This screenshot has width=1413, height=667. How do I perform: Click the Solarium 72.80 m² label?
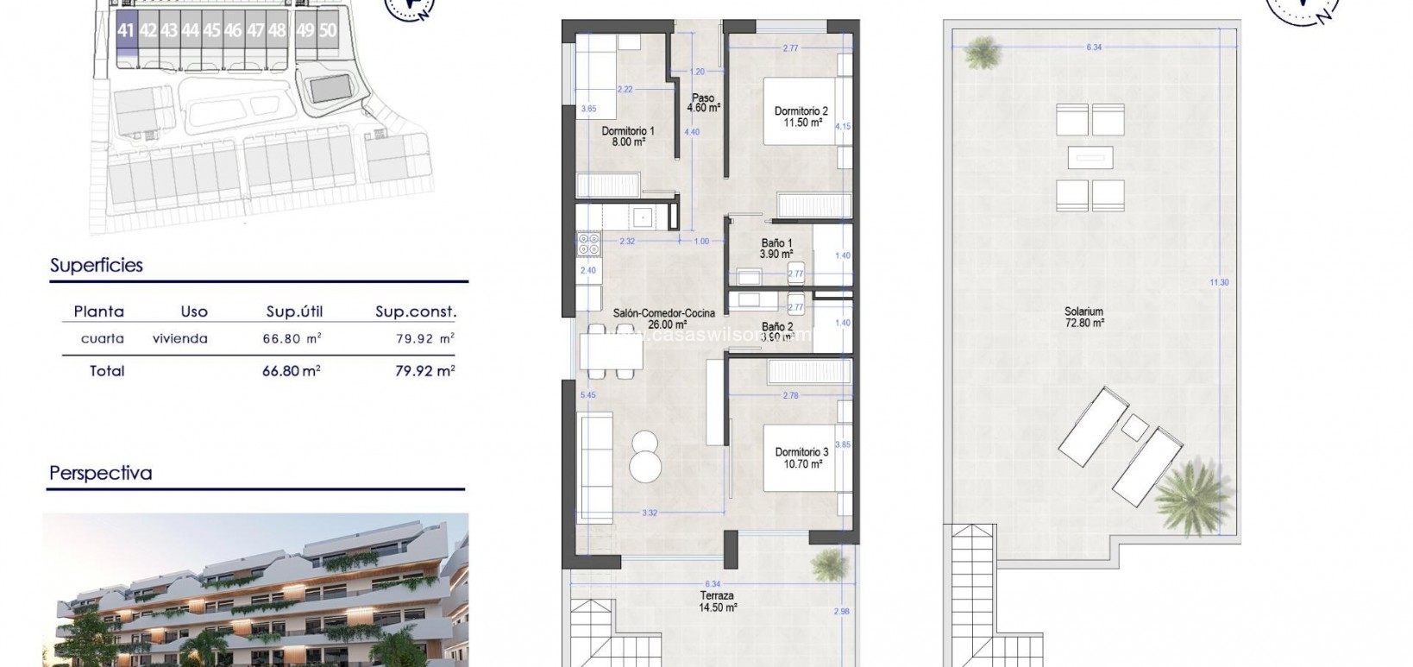1083,318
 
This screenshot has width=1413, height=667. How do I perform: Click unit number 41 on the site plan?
126,30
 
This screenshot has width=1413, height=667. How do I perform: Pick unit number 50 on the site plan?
327,30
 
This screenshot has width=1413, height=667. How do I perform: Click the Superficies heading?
97,266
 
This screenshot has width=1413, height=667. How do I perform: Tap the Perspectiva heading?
101,473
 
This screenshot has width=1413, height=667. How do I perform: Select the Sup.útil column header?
294,311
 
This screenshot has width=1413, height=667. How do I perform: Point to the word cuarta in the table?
102,339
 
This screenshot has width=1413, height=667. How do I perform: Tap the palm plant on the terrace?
829,564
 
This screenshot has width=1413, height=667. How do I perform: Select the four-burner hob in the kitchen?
589,245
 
